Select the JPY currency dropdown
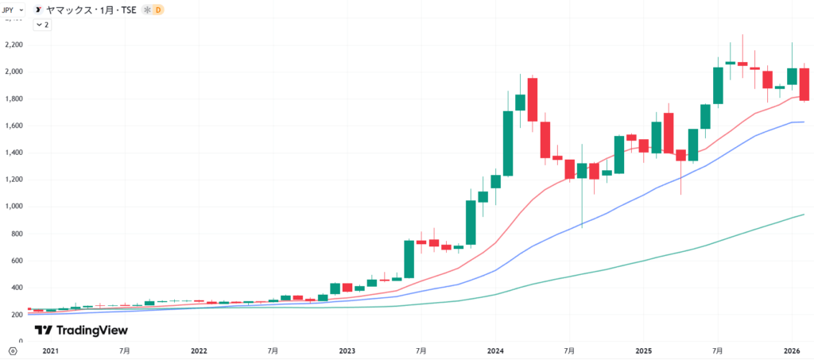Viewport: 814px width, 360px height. point(13,10)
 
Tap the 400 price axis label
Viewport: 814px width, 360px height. point(14,288)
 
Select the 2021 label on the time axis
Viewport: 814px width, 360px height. point(51,350)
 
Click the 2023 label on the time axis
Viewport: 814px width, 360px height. point(347,350)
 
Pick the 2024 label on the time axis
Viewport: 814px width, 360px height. point(495,350)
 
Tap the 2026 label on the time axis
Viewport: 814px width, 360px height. point(792,350)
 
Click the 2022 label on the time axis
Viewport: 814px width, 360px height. point(199,350)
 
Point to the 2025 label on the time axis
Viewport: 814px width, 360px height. point(644,350)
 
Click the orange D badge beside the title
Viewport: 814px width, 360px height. point(158,10)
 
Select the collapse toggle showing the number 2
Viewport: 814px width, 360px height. point(42,25)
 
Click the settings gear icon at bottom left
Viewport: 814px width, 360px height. point(12,350)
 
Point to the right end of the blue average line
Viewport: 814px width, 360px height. point(804,122)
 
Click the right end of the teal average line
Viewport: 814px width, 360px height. point(804,215)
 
